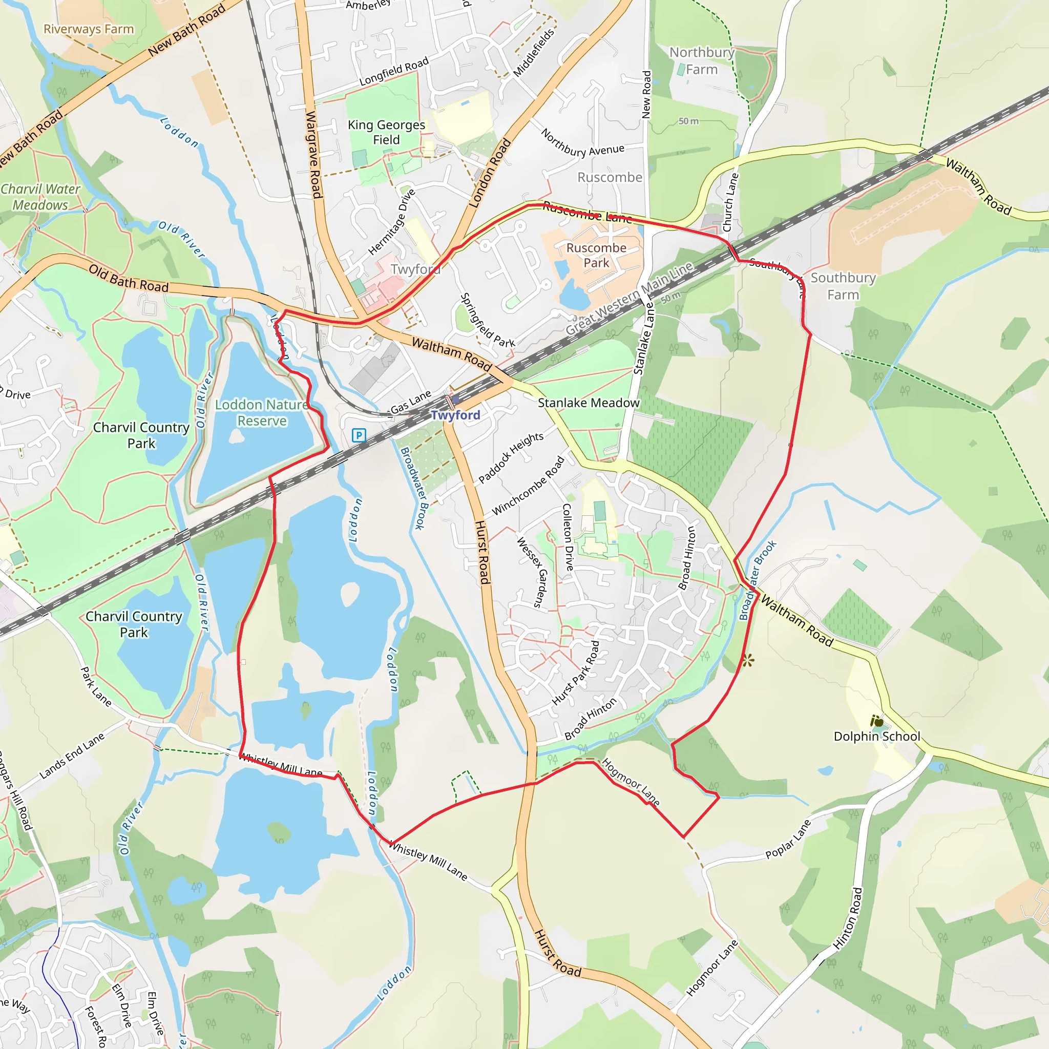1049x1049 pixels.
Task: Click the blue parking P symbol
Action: tap(359, 435)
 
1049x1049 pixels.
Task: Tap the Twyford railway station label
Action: tap(455, 415)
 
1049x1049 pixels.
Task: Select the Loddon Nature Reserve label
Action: tap(262, 413)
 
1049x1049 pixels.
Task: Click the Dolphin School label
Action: tap(877, 736)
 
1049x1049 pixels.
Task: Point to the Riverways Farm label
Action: tap(89, 29)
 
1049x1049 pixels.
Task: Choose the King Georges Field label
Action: tap(386, 132)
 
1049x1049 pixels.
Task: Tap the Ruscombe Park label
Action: tap(596, 255)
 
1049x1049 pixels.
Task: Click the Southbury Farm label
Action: tap(843, 286)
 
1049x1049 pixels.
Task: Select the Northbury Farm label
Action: tap(702, 61)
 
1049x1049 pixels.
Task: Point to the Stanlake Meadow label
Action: tap(589, 403)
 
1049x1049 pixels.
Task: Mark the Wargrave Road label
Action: tap(314, 154)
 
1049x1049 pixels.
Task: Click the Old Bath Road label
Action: tap(129, 279)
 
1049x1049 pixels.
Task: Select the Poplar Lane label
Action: tap(788, 839)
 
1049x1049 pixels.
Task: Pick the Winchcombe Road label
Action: tap(528, 487)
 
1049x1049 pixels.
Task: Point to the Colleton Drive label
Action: tap(568, 537)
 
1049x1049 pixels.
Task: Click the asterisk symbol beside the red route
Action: tap(748, 661)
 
